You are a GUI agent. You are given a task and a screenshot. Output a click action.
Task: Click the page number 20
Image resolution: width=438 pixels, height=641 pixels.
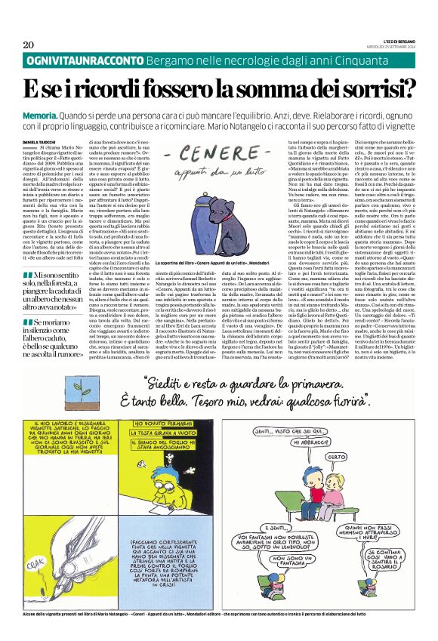tap(28, 45)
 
